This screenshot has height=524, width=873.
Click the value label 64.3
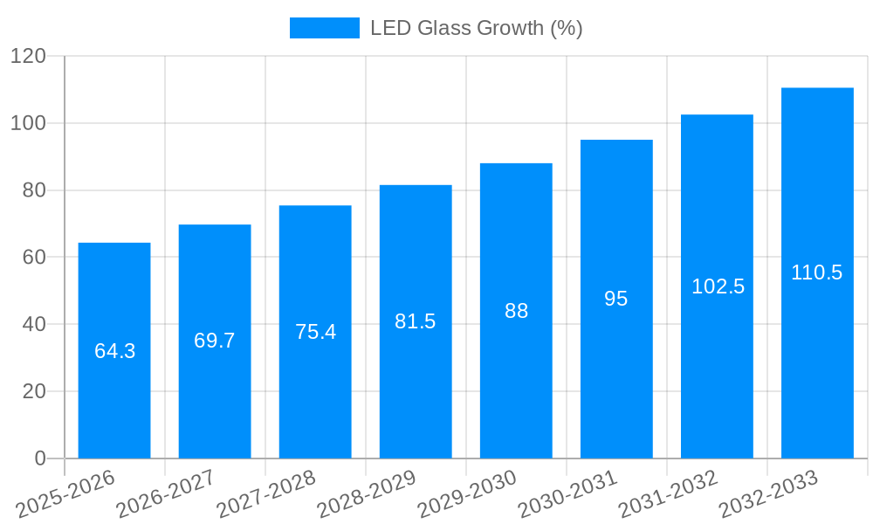tap(114, 351)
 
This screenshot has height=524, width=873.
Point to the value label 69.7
tap(215, 341)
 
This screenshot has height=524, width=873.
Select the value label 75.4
tap(315, 332)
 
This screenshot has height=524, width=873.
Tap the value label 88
tap(516, 311)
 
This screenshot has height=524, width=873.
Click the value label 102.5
tap(718, 286)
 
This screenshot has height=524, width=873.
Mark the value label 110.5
tap(817, 272)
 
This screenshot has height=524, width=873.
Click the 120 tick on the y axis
tap(28, 57)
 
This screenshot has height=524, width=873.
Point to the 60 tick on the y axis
tap(34, 258)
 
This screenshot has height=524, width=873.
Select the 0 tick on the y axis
tap(40, 458)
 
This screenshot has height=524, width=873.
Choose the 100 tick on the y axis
tap(28, 123)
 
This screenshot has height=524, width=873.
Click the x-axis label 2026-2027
tap(166, 494)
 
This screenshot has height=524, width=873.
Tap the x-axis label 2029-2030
tap(467, 494)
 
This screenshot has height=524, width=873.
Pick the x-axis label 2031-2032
tap(668, 494)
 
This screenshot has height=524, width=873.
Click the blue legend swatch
tap(324, 28)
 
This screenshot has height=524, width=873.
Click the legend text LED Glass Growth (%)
tap(476, 28)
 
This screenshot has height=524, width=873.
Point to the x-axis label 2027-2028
tap(266, 494)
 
